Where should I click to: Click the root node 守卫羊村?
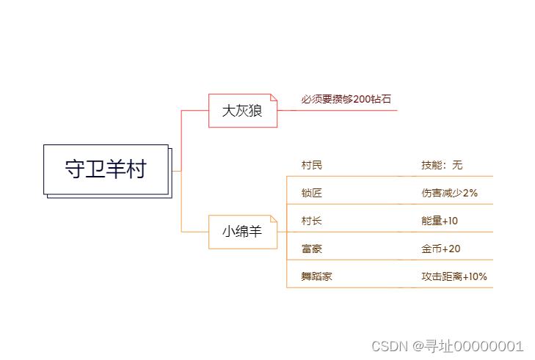tap(106, 169)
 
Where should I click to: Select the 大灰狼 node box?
tap(242, 111)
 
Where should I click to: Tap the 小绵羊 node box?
tap(242, 232)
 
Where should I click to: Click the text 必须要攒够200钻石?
tap(346, 99)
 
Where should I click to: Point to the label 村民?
tap(311, 165)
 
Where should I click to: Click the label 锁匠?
tap(311, 193)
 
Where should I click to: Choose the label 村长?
tap(311, 221)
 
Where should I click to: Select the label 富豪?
tap(311, 249)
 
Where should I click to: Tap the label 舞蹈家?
tap(316, 276)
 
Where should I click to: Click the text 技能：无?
tap(442, 165)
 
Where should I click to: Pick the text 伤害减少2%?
tap(449, 193)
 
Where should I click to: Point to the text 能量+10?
tap(440, 221)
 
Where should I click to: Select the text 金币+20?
tap(440, 249)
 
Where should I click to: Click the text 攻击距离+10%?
tap(454, 276)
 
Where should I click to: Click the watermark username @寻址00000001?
tap(467, 346)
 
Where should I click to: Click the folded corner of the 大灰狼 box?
tap(274, 97)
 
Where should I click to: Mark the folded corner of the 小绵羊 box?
tap(274, 218)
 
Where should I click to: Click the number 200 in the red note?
tap(363, 99)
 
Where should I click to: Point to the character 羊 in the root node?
tap(115, 169)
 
